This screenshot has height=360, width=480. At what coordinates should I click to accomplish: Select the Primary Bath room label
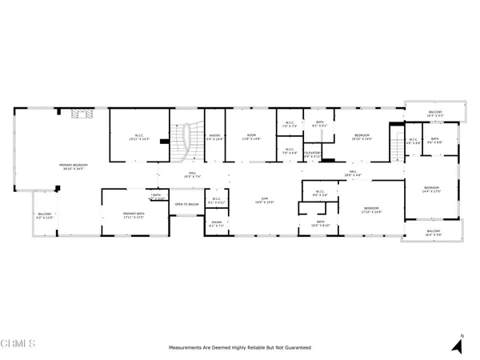[133, 215]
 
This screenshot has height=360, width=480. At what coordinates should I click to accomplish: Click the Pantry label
[214, 138]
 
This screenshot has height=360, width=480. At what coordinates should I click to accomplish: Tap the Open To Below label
[186, 205]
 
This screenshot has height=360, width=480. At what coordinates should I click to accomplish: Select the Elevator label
[311, 154]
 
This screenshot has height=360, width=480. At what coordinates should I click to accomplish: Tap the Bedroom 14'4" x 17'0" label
[431, 190]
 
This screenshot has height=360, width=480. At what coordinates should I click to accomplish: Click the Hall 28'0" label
[353, 173]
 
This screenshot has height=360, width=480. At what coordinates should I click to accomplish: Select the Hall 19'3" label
[192, 174]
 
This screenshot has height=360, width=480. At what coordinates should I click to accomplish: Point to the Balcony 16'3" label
[434, 114]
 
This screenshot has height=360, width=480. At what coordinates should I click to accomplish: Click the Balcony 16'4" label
[433, 233]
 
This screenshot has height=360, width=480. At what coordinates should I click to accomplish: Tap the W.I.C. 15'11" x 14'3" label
[138, 138]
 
